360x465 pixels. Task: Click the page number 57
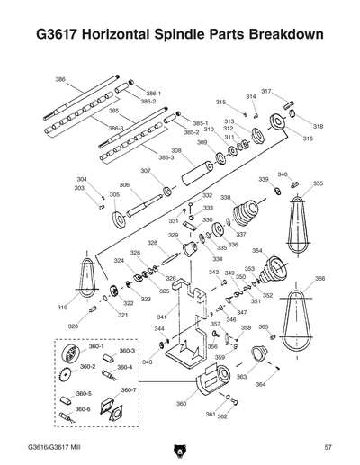(x=328, y=447)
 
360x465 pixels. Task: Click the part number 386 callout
(x=60, y=79)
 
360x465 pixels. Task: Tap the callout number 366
(x=320, y=279)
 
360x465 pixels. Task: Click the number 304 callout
(x=82, y=179)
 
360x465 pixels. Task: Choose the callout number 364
(x=260, y=384)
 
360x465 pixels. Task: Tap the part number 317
(x=266, y=92)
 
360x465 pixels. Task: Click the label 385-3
(x=166, y=157)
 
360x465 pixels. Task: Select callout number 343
(x=147, y=362)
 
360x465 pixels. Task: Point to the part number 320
(x=72, y=326)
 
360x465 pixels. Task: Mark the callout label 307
(x=146, y=170)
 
